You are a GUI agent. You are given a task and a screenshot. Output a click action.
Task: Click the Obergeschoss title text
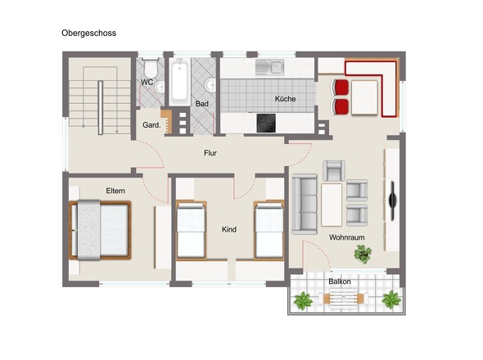pos(88,34)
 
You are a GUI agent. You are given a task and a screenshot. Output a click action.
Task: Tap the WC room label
pos(147,82)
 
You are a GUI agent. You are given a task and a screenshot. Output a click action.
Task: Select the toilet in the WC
pos(151,67)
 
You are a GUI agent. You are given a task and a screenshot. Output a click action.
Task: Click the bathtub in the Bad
pos(179,81)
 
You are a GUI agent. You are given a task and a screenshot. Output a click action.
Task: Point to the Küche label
pos(285,99)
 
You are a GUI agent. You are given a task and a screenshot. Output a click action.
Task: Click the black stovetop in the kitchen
pos(266,124)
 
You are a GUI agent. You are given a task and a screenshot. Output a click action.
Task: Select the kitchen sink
pos(269,67)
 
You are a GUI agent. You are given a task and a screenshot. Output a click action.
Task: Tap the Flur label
pos(210,153)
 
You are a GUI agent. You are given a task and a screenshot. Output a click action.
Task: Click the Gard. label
pos(151,125)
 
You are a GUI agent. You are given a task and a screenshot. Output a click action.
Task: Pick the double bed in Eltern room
pos(100,230)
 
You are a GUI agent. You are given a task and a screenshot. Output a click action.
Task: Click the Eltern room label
pos(115,191)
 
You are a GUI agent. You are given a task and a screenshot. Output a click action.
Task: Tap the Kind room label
pos(229,229)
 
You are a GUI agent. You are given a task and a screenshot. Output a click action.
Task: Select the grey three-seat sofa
pos(305,205)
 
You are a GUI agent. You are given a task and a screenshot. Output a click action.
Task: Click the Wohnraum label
pos(347,237)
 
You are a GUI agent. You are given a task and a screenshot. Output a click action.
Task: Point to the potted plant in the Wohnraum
pos(363,254)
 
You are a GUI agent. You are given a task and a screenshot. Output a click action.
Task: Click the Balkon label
pos(340,281)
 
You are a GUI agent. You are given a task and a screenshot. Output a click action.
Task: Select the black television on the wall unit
pos(393,200)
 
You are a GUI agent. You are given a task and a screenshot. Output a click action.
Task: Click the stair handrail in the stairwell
pos(101,108)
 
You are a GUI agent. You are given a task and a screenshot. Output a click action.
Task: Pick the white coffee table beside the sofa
pos(332,205)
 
